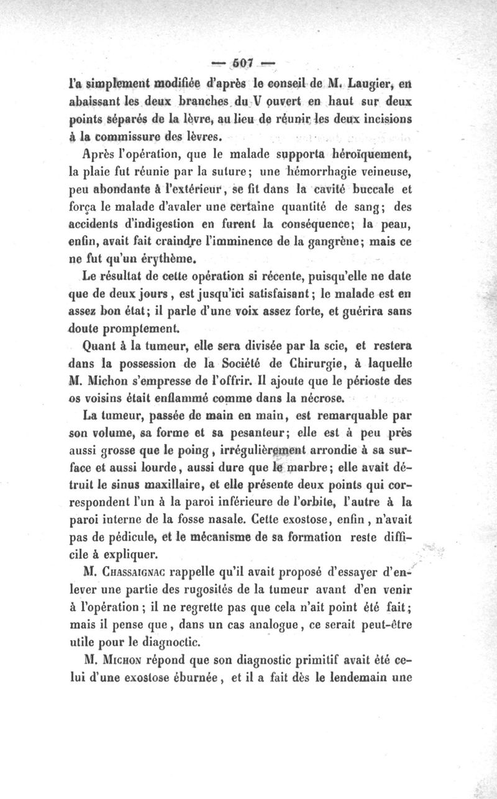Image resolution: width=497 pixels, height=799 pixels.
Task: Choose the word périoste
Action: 375,378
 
